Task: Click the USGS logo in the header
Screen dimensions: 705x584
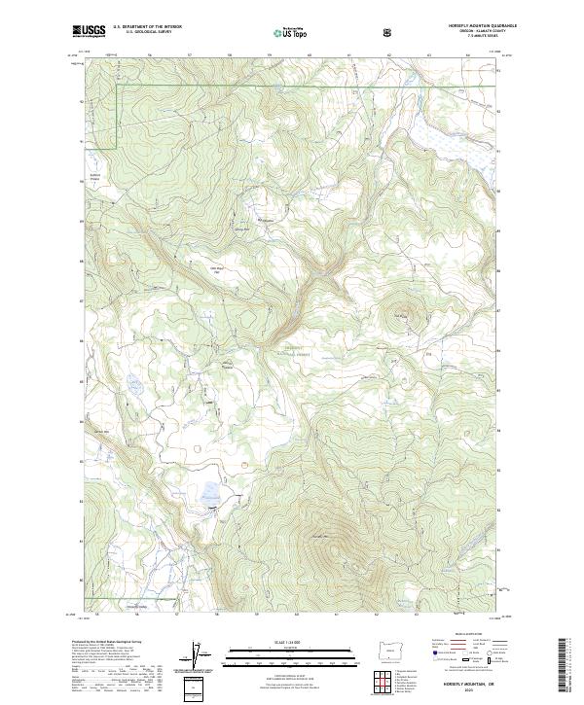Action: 89,32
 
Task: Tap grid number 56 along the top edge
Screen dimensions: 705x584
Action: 149,55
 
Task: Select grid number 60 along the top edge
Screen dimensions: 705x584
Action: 310,55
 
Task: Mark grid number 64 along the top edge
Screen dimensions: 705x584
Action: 468,55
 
